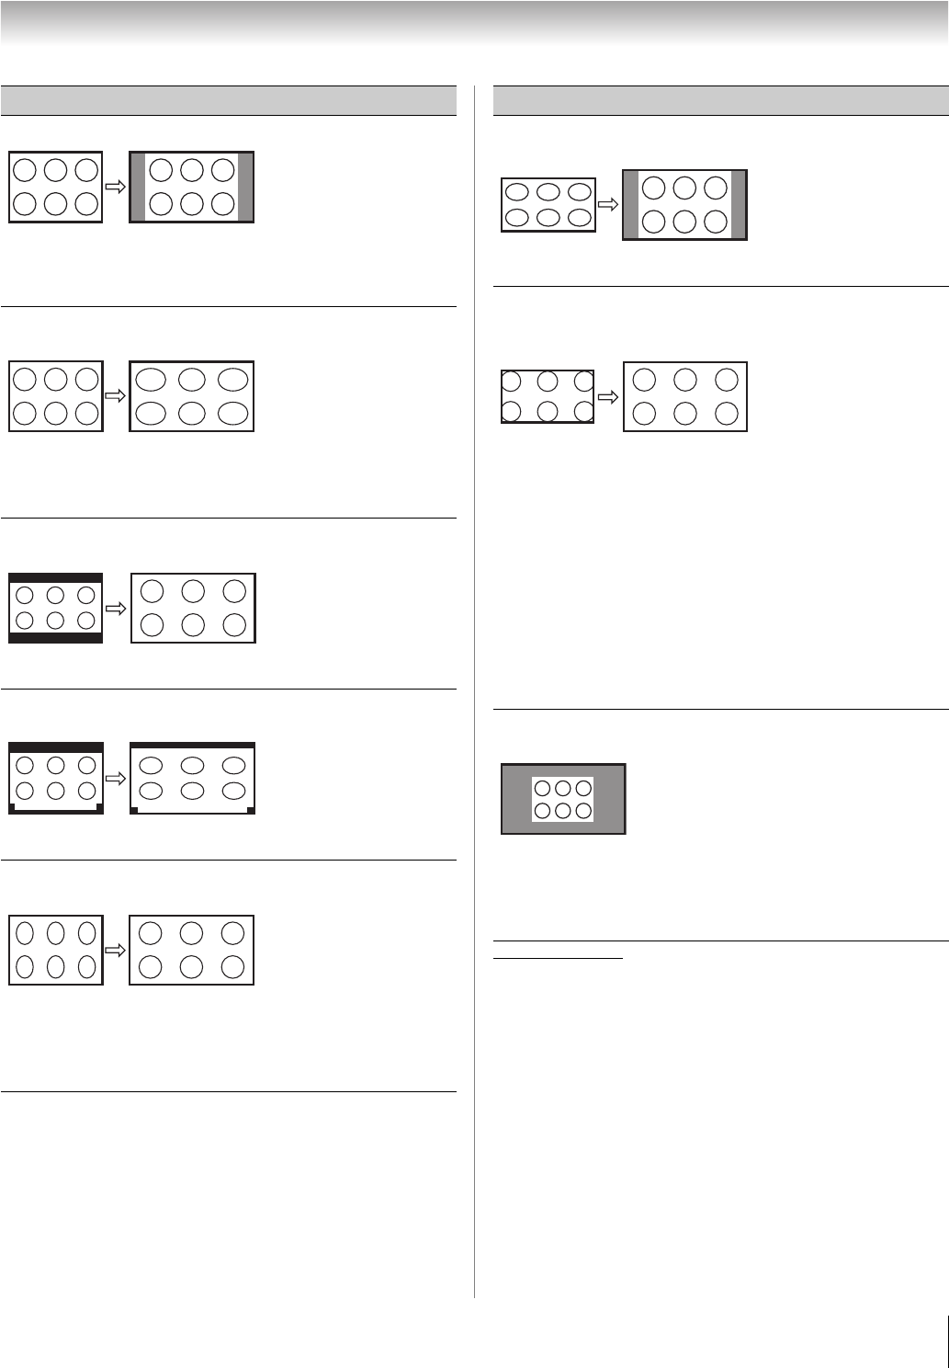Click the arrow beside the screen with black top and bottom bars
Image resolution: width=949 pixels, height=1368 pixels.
(x=116, y=608)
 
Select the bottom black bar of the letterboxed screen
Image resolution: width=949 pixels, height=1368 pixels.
(x=55, y=637)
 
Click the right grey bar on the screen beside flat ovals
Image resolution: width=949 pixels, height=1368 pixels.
(x=739, y=205)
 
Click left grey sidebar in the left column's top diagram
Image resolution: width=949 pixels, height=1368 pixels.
(x=137, y=188)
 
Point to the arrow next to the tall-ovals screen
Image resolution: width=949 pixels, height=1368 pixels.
(x=116, y=951)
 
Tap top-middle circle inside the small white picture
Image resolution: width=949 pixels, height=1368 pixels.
(x=562, y=789)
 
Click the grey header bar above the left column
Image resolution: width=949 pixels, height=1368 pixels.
(x=229, y=100)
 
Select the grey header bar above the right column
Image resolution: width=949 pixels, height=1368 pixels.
(x=720, y=100)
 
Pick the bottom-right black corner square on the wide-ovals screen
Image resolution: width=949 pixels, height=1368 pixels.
(x=251, y=810)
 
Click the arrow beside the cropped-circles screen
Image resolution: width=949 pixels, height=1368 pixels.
(x=608, y=397)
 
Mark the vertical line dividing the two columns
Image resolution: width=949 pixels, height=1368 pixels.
(x=475, y=690)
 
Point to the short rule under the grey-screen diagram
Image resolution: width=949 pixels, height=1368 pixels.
(x=558, y=959)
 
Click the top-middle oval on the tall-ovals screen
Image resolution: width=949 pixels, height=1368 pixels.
(x=55, y=933)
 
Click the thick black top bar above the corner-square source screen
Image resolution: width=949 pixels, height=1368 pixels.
(x=55, y=747)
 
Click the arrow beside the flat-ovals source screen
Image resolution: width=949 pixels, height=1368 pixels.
(x=608, y=205)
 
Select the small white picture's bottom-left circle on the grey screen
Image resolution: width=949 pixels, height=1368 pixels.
(x=543, y=811)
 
